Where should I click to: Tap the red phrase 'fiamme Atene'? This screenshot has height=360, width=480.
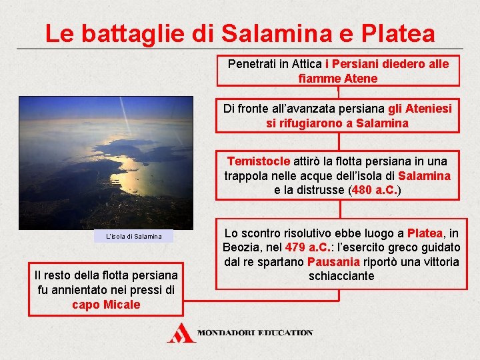coord(338,79)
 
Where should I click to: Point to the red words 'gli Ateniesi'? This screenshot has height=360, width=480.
coord(420,108)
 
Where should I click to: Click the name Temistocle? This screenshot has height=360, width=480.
coord(258,161)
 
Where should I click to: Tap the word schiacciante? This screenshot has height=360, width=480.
coord(341,276)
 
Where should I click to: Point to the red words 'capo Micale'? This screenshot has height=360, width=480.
coord(106,305)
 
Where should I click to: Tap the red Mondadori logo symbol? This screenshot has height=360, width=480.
coord(181,333)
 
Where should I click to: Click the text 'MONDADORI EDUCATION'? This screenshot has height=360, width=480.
coord(255,332)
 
